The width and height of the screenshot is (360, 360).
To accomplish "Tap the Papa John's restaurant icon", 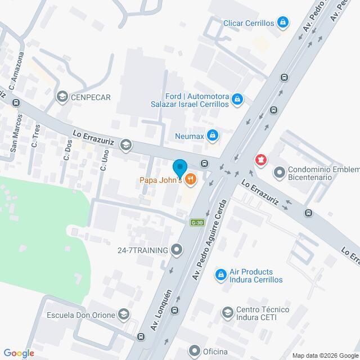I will click(191, 179).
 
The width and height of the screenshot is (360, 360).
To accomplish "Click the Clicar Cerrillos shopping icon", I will click(283, 23).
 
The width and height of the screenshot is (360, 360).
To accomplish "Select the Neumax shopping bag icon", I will click(212, 135).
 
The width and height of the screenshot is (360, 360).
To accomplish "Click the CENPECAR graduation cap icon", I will click(62, 97).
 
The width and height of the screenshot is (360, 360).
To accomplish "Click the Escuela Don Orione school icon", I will click(125, 315).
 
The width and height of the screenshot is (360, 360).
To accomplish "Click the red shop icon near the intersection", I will click(260, 160).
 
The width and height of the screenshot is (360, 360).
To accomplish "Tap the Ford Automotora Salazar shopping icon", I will click(237, 100).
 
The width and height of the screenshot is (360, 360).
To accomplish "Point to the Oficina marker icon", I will click(195, 352).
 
